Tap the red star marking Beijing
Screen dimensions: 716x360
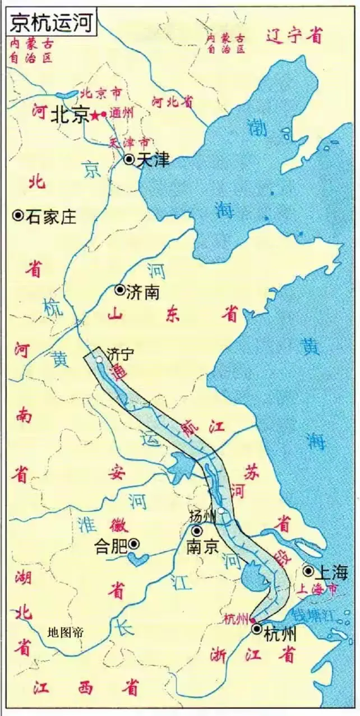click(x=96, y=116)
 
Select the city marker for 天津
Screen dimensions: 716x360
click(x=130, y=159)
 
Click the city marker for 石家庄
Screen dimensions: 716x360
click(x=18, y=215)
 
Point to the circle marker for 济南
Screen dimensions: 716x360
click(x=119, y=290)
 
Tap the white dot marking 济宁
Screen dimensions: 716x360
click(x=99, y=359)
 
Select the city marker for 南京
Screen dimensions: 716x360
click(x=197, y=531)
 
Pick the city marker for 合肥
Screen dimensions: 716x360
click(x=134, y=543)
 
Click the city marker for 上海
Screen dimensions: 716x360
click(x=308, y=571)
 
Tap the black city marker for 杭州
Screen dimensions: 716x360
click(x=257, y=629)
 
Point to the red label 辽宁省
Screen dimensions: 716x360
click(x=294, y=36)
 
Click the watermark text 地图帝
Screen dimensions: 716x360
click(x=66, y=633)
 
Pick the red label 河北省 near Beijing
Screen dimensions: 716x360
click(x=173, y=101)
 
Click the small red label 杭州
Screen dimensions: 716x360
click(x=236, y=619)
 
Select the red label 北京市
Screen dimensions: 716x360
click(x=101, y=93)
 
